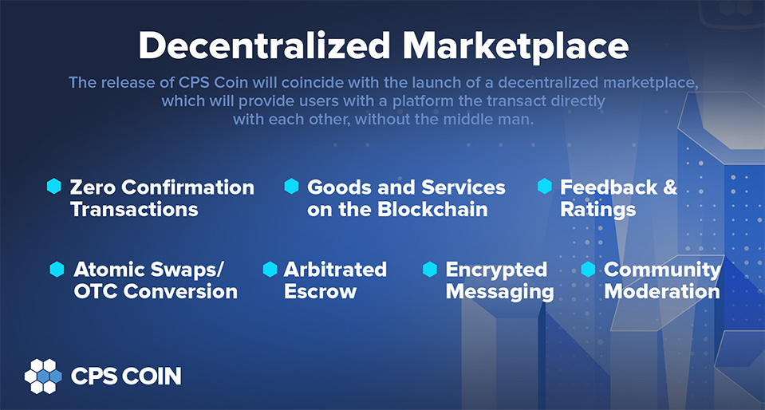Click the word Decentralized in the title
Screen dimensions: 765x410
tap(264, 46)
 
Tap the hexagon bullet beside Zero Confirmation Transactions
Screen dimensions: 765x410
tap(53, 186)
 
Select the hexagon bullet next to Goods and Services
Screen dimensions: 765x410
tap(291, 186)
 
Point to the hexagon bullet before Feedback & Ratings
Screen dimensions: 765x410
tap(545, 186)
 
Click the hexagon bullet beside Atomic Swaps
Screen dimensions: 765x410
tap(57, 269)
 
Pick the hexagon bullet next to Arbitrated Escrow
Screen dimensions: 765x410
tap(270, 269)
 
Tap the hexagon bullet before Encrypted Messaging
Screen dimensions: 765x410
tap(430, 269)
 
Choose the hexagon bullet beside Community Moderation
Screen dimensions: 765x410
tap(588, 269)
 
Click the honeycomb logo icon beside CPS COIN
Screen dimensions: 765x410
tap(43, 376)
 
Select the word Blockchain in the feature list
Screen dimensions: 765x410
tap(432, 210)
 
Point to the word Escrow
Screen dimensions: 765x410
tap(320, 292)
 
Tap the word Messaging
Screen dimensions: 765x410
tap(500, 293)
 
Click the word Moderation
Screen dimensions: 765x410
tap(662, 292)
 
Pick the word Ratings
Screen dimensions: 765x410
tap(598, 210)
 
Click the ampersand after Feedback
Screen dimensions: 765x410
tap(671, 187)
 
